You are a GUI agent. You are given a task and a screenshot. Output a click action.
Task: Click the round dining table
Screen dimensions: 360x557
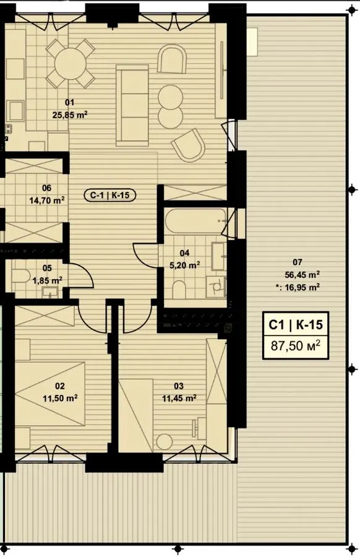(71, 64)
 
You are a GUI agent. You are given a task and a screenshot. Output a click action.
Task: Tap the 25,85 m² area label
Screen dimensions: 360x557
(70, 114)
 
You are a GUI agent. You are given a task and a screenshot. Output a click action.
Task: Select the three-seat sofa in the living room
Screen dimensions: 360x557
(132, 105)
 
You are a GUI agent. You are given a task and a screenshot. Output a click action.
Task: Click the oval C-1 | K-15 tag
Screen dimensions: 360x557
(109, 195)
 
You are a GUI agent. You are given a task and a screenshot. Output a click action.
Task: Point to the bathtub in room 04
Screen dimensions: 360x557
(195, 220)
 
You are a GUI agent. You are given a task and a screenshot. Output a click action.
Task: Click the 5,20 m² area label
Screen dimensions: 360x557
(184, 265)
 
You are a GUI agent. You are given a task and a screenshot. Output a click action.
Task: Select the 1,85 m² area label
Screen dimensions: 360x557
(48, 280)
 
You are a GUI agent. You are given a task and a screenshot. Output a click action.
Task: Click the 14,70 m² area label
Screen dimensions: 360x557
(46, 200)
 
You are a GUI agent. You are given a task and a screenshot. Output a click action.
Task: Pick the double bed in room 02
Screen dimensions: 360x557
(50, 394)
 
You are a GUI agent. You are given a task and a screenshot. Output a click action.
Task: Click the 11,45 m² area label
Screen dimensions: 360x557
(179, 398)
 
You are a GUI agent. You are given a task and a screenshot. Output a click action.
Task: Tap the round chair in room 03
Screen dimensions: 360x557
(164, 441)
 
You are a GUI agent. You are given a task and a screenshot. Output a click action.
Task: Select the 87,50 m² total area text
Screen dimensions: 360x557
(296, 345)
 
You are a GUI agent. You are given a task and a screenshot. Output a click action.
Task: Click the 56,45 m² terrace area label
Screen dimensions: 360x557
(303, 274)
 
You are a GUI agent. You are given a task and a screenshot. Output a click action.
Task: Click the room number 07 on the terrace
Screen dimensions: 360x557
(297, 262)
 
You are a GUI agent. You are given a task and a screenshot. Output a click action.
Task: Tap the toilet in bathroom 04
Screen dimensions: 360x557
(179, 290)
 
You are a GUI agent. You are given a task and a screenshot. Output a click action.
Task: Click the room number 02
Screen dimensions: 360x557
(59, 386)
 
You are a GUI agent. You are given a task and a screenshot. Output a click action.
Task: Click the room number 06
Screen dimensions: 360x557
(46, 188)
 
